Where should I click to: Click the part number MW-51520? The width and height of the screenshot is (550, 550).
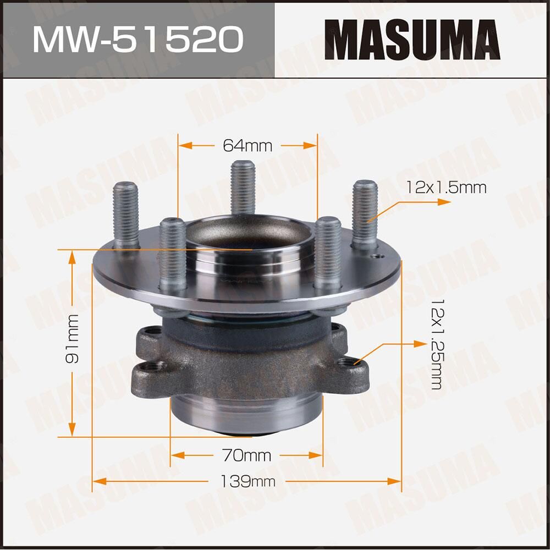point(137,39)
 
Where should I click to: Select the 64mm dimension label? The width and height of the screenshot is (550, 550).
point(248,145)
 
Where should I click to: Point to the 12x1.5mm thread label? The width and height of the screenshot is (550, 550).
point(447,188)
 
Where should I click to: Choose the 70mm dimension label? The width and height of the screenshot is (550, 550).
point(247,455)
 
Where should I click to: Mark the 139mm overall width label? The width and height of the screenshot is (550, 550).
point(248,482)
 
